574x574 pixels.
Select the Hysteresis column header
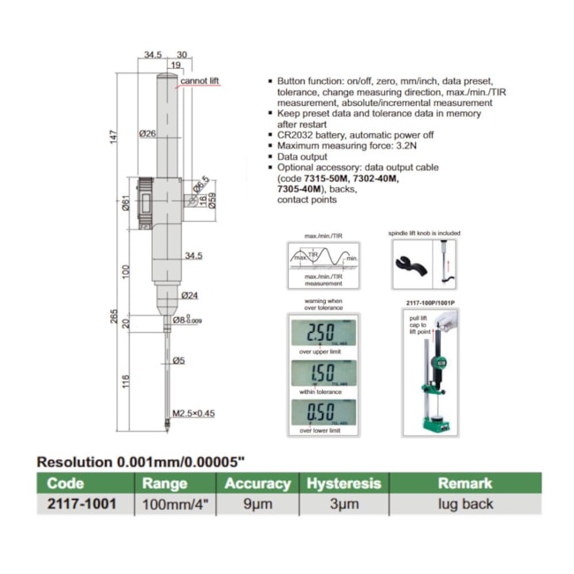(344, 483)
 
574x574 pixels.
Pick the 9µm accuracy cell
(257, 504)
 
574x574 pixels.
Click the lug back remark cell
(464, 504)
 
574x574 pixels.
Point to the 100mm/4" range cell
(164, 504)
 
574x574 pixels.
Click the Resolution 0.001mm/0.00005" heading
(141, 461)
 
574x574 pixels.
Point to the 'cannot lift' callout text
(200, 81)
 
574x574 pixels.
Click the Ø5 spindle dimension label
(179, 359)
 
